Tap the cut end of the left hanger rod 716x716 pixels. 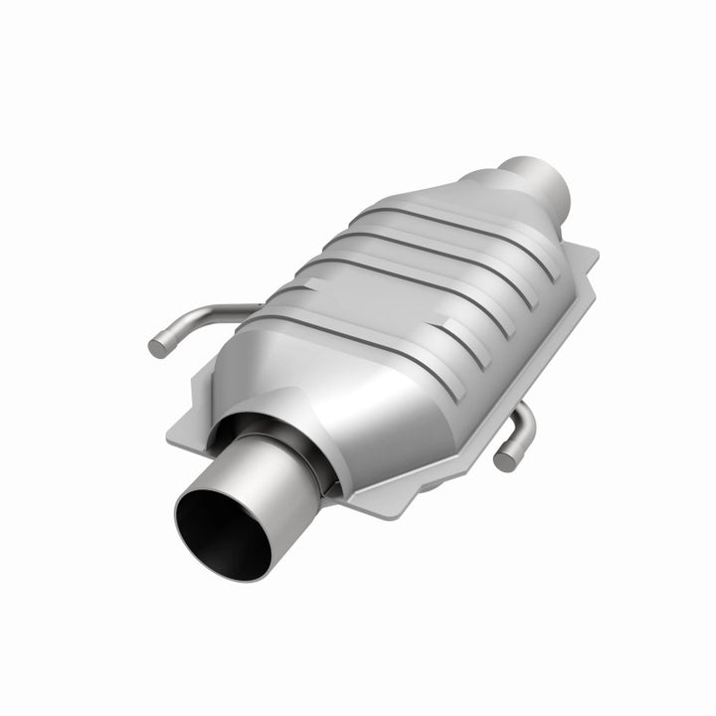coord(156,348)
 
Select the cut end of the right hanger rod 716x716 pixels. coord(504,459)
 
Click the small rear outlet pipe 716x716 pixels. coord(537,176)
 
